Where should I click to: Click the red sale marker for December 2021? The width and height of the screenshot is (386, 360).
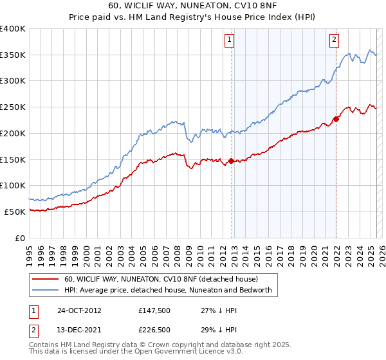coord(336,119)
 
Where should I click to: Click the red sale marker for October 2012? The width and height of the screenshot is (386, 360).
coord(232,161)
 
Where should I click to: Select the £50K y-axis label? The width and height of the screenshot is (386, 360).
coord(15,212)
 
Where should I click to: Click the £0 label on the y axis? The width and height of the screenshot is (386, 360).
coord(19,238)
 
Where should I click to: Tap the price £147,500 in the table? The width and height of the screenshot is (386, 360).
coord(153,310)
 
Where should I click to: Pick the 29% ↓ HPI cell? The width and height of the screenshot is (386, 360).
coord(214,330)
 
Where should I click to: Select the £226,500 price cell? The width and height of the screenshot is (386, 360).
coord(153,330)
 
